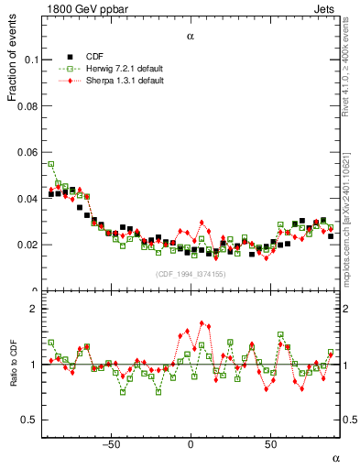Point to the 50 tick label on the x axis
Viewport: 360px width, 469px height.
pyautogui.click(x=270, y=444)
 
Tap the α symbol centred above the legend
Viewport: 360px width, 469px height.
pyautogui.click(x=191, y=37)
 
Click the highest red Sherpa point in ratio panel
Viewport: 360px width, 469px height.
pyautogui.click(x=202, y=322)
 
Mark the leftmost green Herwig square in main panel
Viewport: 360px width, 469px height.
pyautogui.click(x=51, y=165)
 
